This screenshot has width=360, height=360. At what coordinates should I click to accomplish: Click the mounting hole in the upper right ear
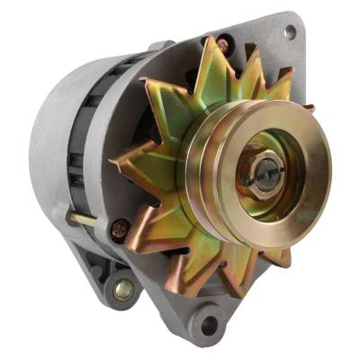pyautogui.click(x=291, y=31)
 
